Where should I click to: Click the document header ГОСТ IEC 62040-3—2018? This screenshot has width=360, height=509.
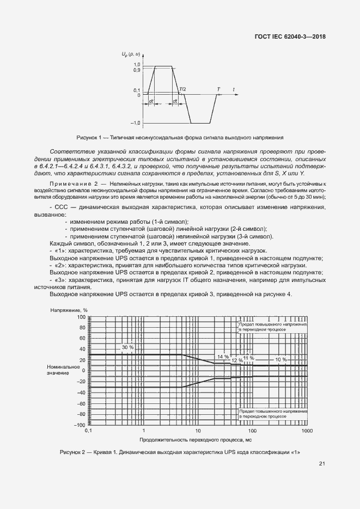(294, 37)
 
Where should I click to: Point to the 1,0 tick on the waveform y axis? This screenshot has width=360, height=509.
(137, 65)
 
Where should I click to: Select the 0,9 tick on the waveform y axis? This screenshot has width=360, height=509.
(137, 70)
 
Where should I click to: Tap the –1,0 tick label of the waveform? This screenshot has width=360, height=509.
(136, 123)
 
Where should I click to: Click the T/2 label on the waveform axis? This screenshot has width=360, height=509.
(182, 89)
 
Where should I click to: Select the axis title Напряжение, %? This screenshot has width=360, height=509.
(69, 310)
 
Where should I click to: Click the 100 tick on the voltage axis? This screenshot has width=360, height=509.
(81, 316)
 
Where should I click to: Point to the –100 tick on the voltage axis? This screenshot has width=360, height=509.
(80, 425)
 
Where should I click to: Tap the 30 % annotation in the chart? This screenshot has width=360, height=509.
(127, 347)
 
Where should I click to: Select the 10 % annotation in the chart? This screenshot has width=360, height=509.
(281, 360)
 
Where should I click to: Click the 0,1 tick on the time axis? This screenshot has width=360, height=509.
(89, 431)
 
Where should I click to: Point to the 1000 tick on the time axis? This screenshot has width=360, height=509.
(307, 431)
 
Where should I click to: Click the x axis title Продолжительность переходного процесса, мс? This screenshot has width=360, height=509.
(196, 439)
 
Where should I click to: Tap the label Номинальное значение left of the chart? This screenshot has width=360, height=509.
(63, 370)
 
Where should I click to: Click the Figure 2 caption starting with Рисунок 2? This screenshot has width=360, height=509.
(180, 452)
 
